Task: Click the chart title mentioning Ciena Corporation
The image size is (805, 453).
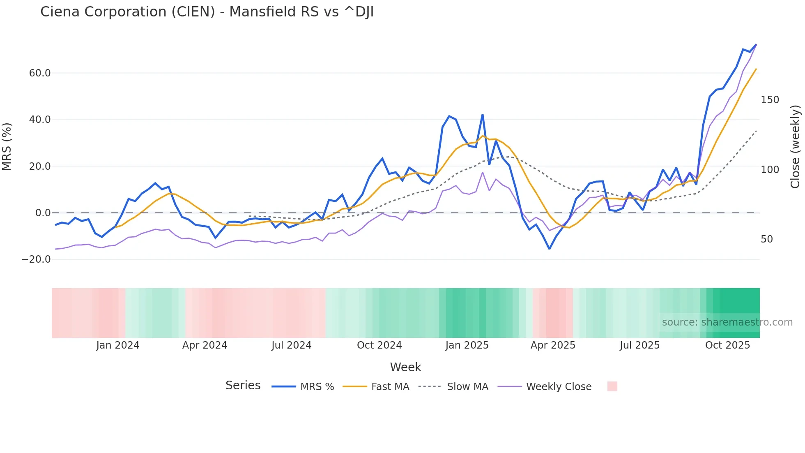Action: (207, 12)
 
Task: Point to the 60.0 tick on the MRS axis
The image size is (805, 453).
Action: (40, 73)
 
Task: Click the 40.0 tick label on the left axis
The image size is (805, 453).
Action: (40, 120)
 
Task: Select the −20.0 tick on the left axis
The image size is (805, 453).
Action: (36, 259)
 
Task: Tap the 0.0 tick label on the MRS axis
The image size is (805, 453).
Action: (43, 213)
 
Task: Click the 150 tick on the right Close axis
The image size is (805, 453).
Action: (770, 100)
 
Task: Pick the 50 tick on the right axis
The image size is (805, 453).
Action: (767, 239)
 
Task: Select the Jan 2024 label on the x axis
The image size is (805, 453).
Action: (118, 345)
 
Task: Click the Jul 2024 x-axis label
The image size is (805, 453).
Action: (292, 345)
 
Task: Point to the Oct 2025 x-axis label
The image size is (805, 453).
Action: (727, 345)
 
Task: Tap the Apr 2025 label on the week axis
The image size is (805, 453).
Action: (553, 345)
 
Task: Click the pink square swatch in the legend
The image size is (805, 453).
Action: (612, 386)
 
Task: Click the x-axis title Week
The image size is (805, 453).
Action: (405, 367)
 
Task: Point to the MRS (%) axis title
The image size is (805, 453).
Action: (7, 146)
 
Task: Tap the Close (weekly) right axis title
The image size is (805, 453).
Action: (795, 147)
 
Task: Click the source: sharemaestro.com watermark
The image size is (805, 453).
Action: (727, 322)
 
